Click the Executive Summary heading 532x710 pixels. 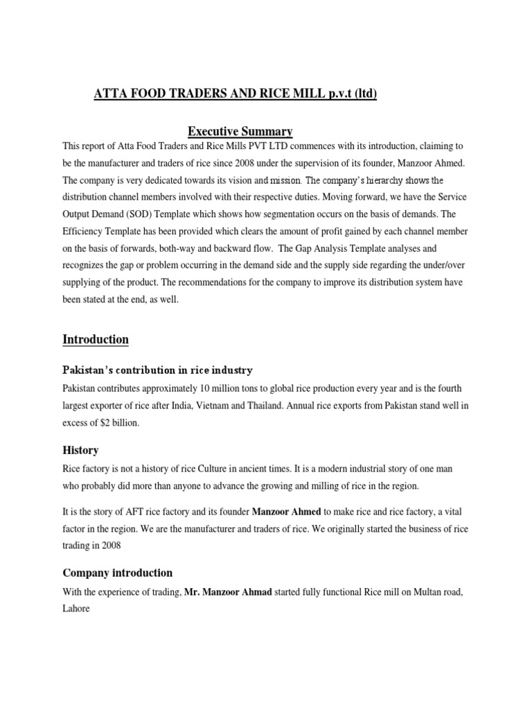coord(240,131)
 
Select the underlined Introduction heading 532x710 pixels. coord(96,339)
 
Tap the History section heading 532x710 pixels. coord(80,450)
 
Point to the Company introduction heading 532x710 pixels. coord(117,573)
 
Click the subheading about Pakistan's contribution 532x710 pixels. coord(158,370)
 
